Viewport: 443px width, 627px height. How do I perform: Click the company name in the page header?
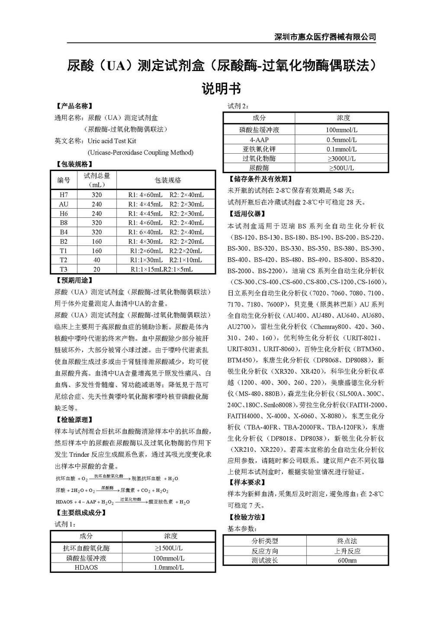tap(325, 37)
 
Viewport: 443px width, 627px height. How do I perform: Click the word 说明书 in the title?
tap(221, 89)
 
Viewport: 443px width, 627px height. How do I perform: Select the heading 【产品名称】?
tap(74, 106)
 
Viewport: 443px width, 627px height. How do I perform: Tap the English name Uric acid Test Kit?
tap(112, 141)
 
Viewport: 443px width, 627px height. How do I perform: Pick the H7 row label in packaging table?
tap(64, 195)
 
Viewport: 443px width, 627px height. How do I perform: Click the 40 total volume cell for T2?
tap(96, 260)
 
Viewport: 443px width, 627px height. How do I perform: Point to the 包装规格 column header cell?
tap(168, 180)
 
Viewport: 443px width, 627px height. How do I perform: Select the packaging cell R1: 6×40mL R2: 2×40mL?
tap(166, 232)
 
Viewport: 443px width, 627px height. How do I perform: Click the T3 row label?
tap(64, 269)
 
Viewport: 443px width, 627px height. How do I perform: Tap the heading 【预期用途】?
tap(74, 281)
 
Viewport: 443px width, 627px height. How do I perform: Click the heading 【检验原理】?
tap(74, 420)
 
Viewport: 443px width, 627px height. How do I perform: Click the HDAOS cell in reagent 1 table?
tap(86, 567)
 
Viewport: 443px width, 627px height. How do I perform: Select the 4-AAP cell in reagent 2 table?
tap(259, 140)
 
